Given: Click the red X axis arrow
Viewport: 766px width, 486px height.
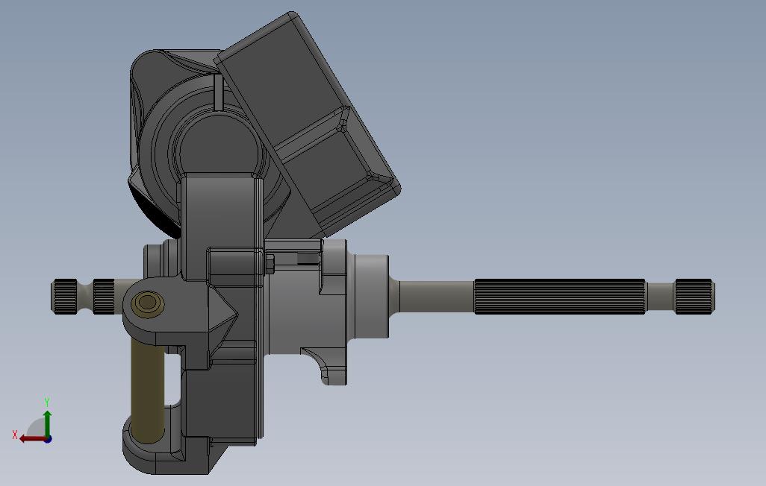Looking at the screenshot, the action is click(x=33, y=439).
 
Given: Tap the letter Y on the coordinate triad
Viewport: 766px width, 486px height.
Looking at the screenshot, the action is click(x=47, y=402).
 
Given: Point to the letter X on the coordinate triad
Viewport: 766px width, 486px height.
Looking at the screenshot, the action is click(x=15, y=435).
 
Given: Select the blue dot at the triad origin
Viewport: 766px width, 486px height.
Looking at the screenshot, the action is click(x=48, y=439).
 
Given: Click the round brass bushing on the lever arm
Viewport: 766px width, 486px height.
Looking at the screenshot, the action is click(x=147, y=304).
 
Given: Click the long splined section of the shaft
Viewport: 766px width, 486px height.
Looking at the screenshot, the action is click(x=560, y=296).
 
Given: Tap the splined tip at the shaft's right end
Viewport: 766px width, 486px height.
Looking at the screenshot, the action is click(x=694, y=296).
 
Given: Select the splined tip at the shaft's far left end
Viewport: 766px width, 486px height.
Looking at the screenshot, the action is click(x=65, y=296).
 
